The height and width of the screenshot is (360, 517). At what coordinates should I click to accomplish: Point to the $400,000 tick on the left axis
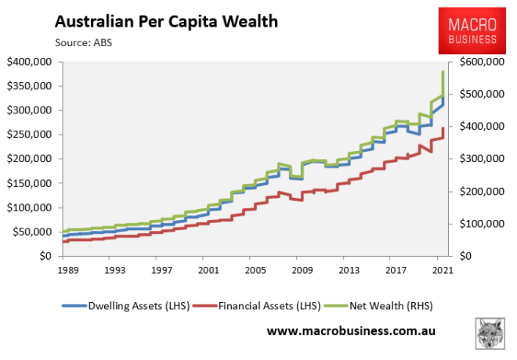[x=28, y=61]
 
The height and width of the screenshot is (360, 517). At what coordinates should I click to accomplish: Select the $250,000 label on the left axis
[x=28, y=135]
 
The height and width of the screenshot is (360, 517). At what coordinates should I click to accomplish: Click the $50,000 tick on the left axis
[x=31, y=232]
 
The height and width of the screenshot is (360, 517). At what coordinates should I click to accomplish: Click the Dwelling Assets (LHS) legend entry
[x=138, y=304]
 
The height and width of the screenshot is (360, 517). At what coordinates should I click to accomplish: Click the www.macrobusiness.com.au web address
[x=350, y=332]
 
